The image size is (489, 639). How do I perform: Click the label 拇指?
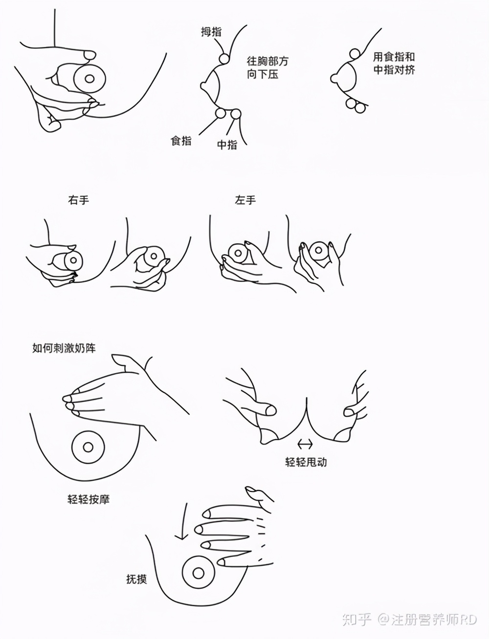click(x=211, y=32)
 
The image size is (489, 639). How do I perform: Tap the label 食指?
click(x=181, y=141)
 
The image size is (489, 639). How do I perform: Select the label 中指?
click(x=227, y=145)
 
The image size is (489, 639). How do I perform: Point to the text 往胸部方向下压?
click(x=267, y=68)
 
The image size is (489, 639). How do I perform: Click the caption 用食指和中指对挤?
click(x=394, y=63)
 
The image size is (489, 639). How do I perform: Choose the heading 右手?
click(x=79, y=200)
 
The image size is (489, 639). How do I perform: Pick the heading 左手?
click(x=245, y=200)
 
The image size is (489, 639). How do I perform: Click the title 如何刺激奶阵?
click(x=64, y=348)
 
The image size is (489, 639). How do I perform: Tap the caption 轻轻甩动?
click(x=306, y=462)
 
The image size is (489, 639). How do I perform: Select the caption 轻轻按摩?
click(x=88, y=499)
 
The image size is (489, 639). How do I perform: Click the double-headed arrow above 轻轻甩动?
click(x=305, y=444)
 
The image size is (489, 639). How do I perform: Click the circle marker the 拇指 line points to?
click(x=224, y=59)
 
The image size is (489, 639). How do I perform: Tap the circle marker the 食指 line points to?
click(x=220, y=113)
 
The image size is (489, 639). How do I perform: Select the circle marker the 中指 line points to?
click(x=236, y=114)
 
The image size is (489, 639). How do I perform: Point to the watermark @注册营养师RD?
click(x=426, y=619)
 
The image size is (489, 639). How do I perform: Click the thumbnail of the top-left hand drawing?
click(x=78, y=83)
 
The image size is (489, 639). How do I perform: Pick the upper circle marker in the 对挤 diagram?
click(x=355, y=54)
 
